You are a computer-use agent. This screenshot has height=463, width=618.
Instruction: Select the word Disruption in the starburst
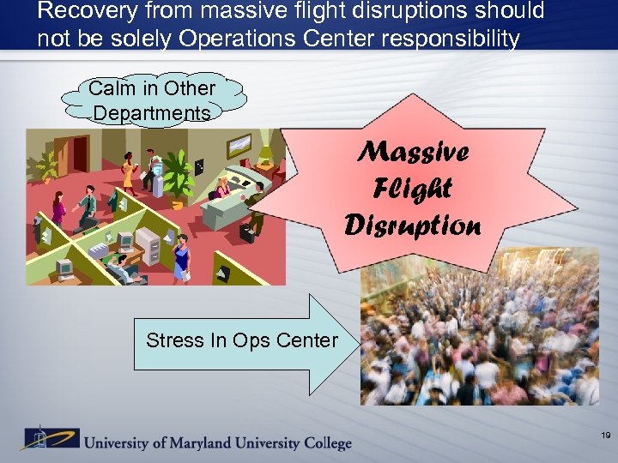coord(413,224)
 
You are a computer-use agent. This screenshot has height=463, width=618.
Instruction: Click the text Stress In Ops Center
coord(242,340)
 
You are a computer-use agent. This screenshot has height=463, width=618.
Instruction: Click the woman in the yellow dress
coord(129,171)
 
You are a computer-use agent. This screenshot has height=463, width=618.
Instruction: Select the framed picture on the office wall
coord(238,146)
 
